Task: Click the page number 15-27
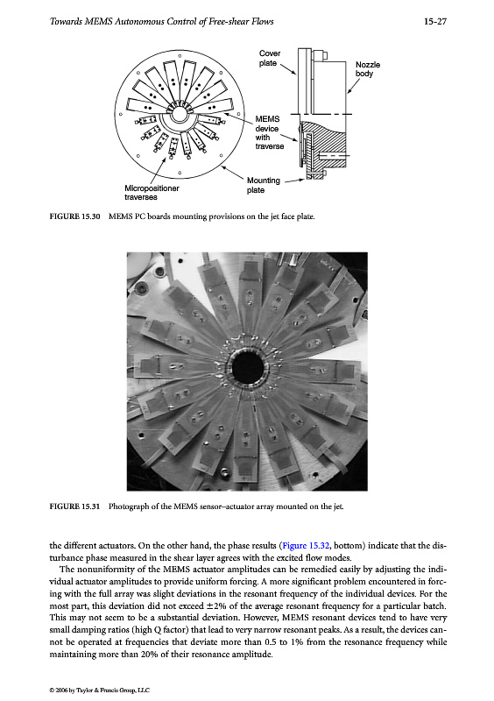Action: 435,21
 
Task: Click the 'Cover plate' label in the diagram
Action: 270,58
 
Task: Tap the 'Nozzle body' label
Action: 368,69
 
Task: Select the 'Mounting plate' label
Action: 264,185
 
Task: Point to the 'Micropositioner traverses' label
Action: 152,193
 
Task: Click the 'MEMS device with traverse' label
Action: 269,133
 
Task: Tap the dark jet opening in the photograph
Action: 247,368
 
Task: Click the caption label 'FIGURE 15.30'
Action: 74,216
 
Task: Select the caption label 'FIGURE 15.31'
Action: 74,506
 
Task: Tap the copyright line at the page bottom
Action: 99,690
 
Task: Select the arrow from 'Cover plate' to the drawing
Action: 288,69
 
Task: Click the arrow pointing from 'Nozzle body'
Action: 353,86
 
